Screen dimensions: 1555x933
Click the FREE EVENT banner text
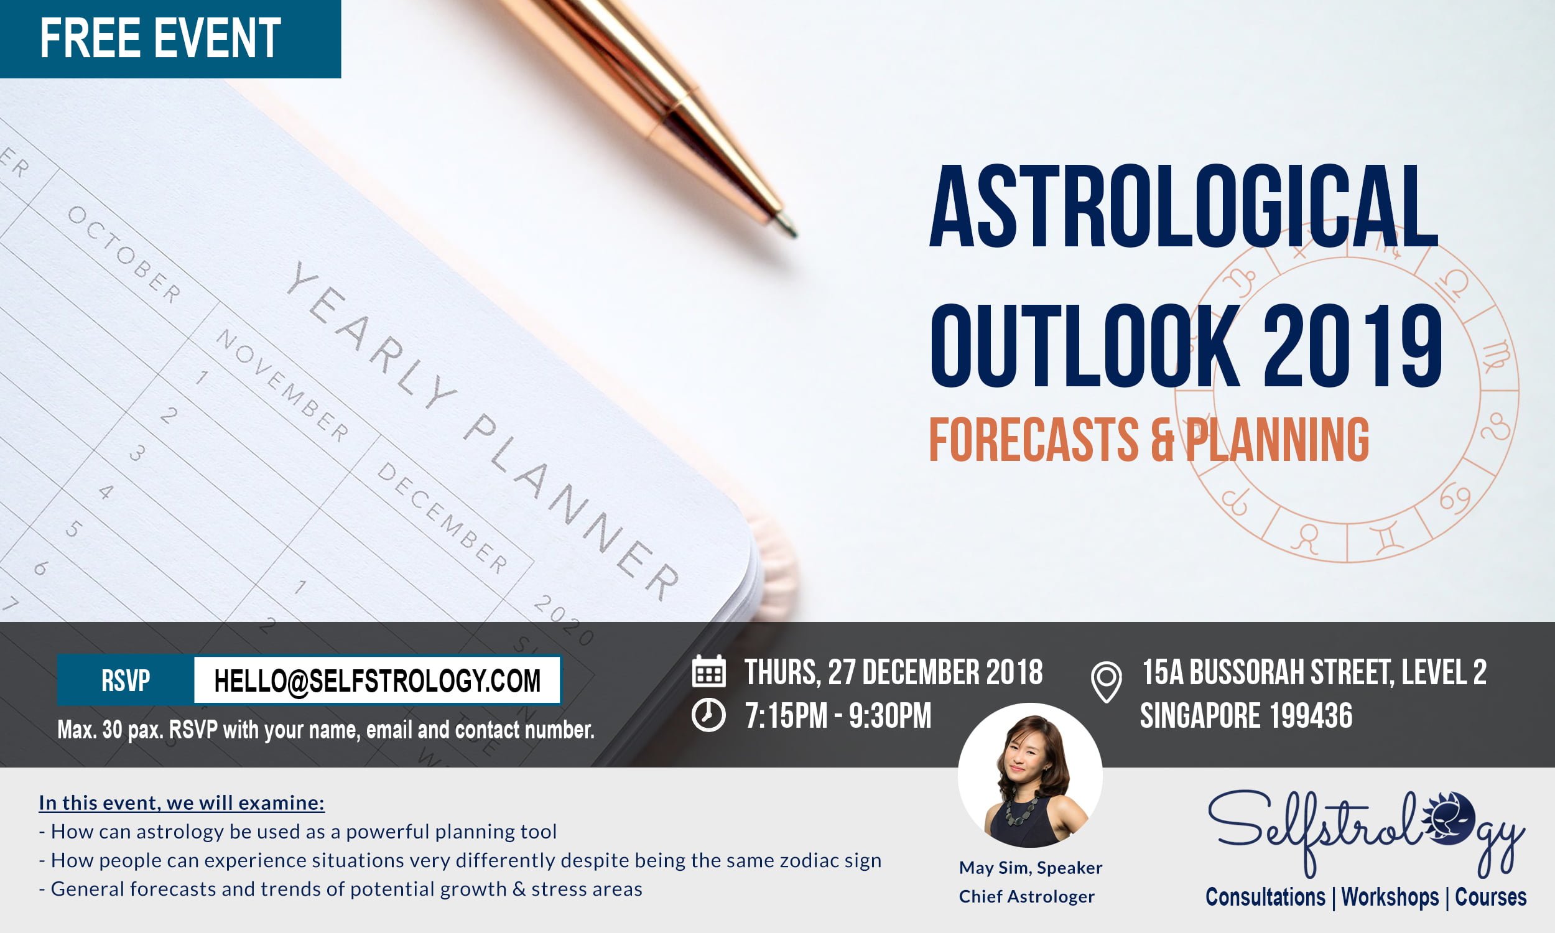point(160,39)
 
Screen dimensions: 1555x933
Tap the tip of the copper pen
point(795,235)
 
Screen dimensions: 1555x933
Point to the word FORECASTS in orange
point(1034,440)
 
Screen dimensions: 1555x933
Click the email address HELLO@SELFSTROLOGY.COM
point(377,680)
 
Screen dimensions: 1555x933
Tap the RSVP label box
point(126,680)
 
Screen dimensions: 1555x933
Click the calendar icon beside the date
point(708,671)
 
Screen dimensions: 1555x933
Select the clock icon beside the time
point(708,715)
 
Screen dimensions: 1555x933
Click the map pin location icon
point(1106,682)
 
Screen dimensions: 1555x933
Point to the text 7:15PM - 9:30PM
point(838,716)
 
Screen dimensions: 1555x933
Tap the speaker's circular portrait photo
point(1030,775)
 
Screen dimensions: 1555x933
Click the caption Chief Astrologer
point(1026,896)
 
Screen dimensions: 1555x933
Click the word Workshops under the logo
point(1390,897)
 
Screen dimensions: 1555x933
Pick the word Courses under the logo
point(1490,897)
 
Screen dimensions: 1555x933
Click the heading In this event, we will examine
point(182,803)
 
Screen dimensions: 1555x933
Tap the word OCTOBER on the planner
point(124,254)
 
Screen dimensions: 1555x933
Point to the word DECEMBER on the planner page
point(442,518)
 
